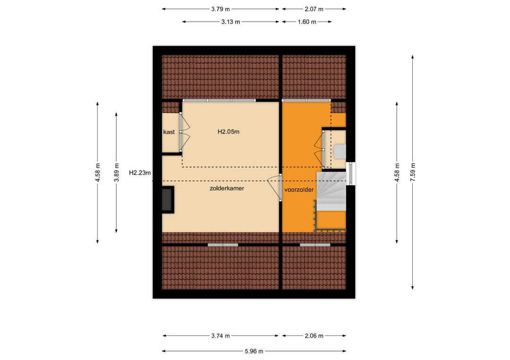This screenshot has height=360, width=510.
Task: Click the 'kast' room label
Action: pyautogui.click(x=169, y=132)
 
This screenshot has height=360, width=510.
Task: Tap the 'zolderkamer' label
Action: pyautogui.click(x=227, y=188)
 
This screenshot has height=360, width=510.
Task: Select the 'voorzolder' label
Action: pyautogui.click(x=299, y=190)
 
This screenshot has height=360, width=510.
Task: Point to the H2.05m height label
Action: pyautogui.click(x=229, y=132)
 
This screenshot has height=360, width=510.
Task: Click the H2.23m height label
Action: pyautogui.click(x=140, y=173)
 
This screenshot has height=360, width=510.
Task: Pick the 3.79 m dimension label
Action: pyautogui.click(x=221, y=9)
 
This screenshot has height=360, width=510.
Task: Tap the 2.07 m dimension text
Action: pyautogui.click(x=314, y=9)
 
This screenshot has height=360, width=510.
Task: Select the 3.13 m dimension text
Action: pyautogui.click(x=230, y=22)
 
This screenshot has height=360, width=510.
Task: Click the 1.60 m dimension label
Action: pyautogui.click(x=307, y=22)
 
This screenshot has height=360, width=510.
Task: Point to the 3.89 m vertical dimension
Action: pyautogui.click(x=117, y=173)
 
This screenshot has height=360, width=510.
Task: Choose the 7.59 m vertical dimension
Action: pyautogui.click(x=413, y=172)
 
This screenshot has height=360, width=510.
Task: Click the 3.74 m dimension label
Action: pyautogui.click(x=221, y=335)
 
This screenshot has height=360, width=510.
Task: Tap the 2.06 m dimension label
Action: pyautogui.click(x=314, y=335)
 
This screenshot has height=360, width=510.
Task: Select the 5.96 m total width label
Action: pyautogui.click(x=254, y=351)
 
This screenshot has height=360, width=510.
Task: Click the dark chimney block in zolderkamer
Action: pyautogui.click(x=168, y=200)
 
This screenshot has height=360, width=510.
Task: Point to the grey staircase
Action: pyautogui.click(x=331, y=191)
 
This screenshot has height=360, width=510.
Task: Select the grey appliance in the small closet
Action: pyautogui.click(x=340, y=151)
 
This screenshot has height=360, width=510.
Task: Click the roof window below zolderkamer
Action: pyautogui.click(x=223, y=245)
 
